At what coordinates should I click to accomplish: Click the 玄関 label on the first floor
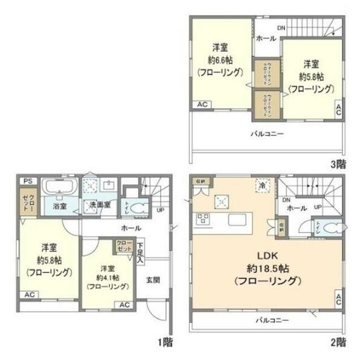pyautogui.click(x=153, y=279)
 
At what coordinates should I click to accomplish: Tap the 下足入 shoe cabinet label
pyautogui.click(x=140, y=253)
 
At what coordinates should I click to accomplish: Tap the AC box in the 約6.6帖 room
pyautogui.click(x=203, y=104)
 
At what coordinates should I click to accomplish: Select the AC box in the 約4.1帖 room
pyautogui.click(x=124, y=305)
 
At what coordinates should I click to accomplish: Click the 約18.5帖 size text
pyautogui.click(x=269, y=267)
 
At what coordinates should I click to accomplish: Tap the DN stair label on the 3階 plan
pyautogui.click(x=281, y=28)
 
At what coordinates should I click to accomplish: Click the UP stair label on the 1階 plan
pyautogui.click(x=161, y=210)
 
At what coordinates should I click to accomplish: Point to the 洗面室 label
pyautogui.click(x=100, y=204)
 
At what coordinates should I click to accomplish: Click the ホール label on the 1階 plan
pyautogui.click(x=131, y=228)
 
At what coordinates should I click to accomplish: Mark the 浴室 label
pyautogui.click(x=59, y=206)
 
